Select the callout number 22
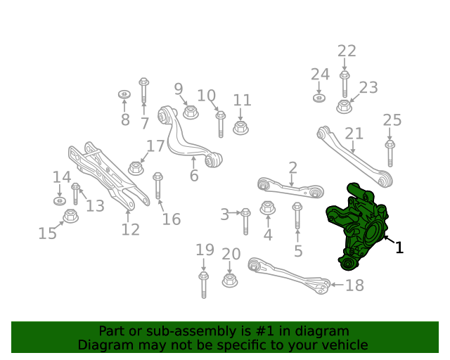click(x=347, y=51)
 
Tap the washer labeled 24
click(x=319, y=98)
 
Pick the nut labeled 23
click(x=344, y=106)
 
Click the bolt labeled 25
click(x=390, y=153)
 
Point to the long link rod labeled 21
click(x=355, y=157)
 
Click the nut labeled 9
click(x=191, y=112)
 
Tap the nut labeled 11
click(x=240, y=128)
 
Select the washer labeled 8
click(x=124, y=94)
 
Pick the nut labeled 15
click(x=70, y=216)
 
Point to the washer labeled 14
click(x=60, y=200)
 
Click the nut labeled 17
click(x=136, y=168)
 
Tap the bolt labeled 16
click(x=157, y=186)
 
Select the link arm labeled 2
click(x=290, y=188)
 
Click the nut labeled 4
click(x=267, y=208)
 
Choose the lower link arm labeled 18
click(x=289, y=275)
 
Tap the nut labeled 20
click(x=230, y=280)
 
